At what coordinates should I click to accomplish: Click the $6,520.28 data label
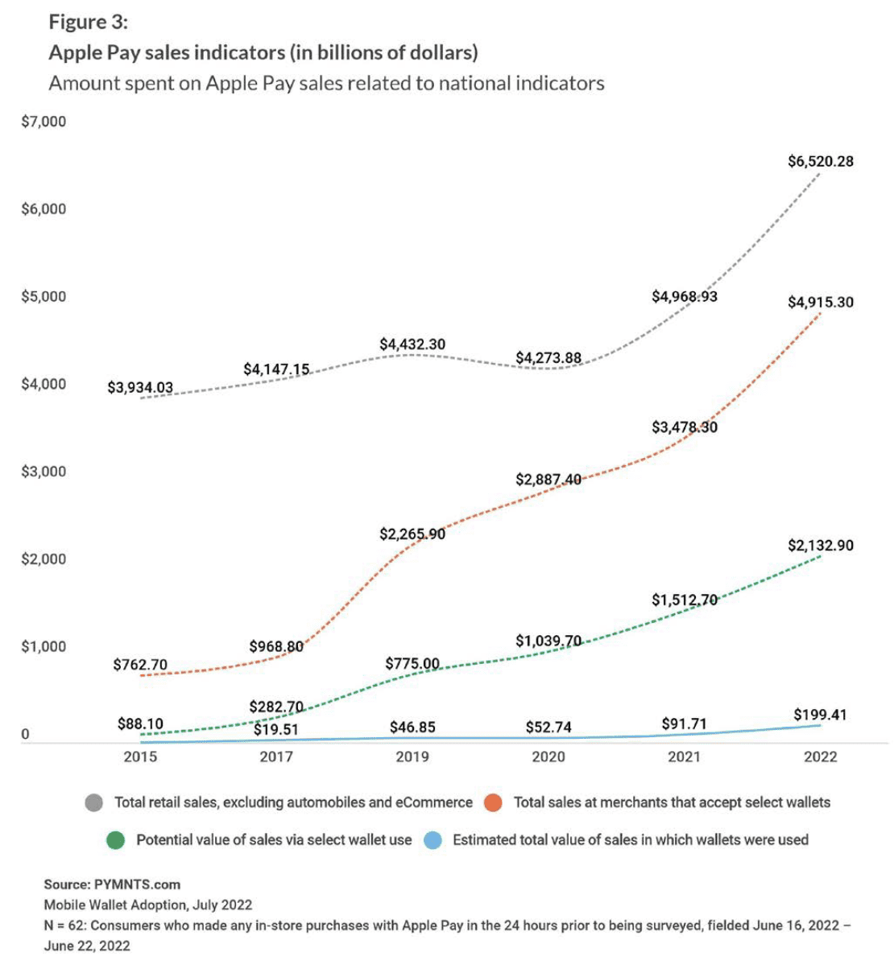click(x=820, y=161)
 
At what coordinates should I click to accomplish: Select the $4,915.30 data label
click(x=820, y=303)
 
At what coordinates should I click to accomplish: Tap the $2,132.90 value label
click(x=820, y=546)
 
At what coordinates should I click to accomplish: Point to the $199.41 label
click(x=820, y=715)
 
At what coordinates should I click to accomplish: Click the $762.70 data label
click(x=140, y=665)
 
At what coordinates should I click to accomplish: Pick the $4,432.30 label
click(x=412, y=344)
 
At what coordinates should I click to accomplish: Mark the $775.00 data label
click(x=412, y=664)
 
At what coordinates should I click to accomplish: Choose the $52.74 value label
click(x=548, y=728)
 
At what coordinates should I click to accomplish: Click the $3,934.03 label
click(x=140, y=388)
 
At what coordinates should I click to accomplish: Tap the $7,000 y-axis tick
click(x=44, y=122)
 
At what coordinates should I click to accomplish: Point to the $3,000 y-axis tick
click(x=44, y=472)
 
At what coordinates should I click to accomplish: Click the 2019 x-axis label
click(x=412, y=757)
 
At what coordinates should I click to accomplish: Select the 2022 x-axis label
click(x=820, y=757)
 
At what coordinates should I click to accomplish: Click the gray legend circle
click(x=94, y=802)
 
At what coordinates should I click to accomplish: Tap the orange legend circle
click(x=493, y=802)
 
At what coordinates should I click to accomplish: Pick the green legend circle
click(x=115, y=840)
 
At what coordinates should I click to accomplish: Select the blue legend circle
click(x=433, y=840)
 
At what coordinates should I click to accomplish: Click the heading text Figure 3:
click(x=89, y=22)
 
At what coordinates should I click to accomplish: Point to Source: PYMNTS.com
click(x=112, y=884)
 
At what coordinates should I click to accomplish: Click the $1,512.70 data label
click(x=684, y=600)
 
